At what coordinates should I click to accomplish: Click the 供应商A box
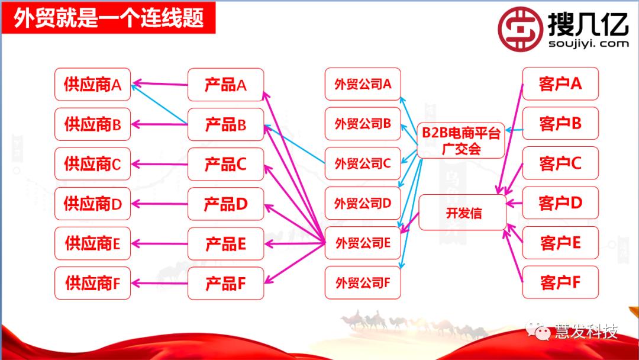coord(92,85)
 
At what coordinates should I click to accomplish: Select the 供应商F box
coord(92,283)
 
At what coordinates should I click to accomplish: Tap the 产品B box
coord(225,125)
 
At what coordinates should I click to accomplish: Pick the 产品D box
coord(225,204)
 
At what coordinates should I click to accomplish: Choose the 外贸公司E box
coord(363,243)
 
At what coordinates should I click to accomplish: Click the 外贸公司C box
coord(363,164)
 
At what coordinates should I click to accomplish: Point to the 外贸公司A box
coord(363,84)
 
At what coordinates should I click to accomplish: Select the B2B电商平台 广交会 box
coord(461,140)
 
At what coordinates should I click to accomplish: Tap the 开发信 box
coord(463,213)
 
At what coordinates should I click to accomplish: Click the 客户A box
coord(560,84)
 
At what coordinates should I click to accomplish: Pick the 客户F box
coord(560,282)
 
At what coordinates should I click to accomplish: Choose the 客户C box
coord(560,163)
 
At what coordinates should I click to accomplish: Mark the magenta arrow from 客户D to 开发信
coord(514,204)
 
